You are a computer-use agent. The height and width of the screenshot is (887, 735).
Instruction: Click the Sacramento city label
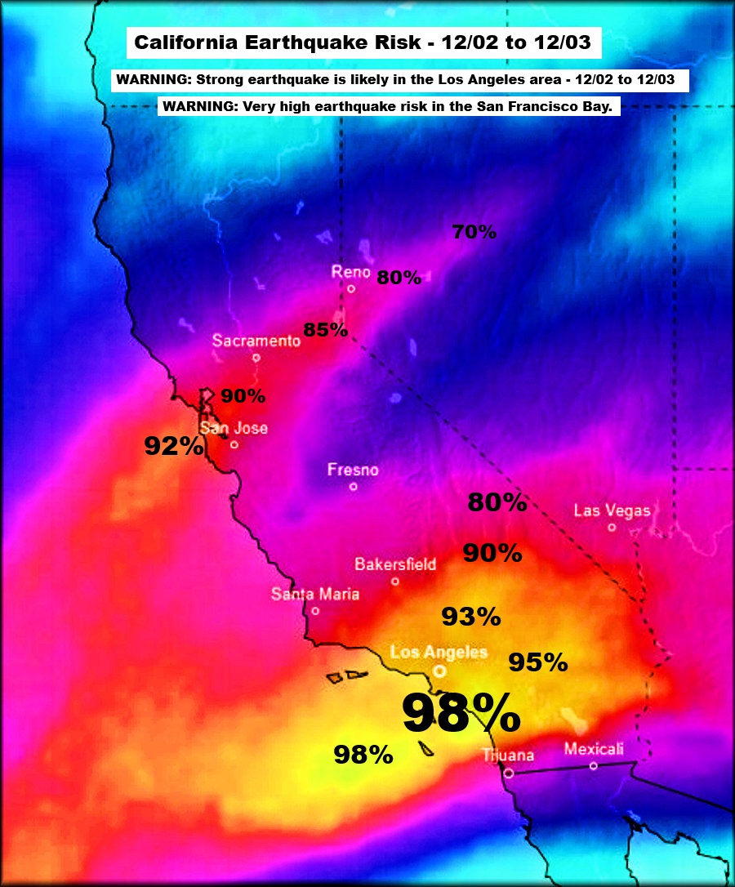256,341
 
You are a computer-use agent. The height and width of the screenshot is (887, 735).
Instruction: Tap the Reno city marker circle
351,288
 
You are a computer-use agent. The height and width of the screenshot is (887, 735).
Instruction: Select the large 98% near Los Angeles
461,714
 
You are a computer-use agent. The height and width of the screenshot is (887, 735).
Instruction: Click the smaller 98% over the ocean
363,755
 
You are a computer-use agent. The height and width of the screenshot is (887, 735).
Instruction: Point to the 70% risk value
474,232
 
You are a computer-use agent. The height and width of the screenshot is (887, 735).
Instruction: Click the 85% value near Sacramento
326,331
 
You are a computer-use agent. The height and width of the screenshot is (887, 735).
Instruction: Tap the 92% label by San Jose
174,446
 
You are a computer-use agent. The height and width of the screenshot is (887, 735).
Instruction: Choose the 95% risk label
538,662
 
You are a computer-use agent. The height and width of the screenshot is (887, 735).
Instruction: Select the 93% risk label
471,617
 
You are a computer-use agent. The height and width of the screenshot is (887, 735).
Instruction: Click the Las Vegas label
612,511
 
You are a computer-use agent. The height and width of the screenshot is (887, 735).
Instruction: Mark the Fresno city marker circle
354,487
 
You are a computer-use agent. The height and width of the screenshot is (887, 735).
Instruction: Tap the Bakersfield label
395,564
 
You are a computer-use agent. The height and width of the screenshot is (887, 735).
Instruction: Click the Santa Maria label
315,594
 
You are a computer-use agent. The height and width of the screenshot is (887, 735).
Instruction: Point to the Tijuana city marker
509,773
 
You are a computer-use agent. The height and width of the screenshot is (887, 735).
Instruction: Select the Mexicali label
594,749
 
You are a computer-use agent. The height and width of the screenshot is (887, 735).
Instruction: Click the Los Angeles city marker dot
440,671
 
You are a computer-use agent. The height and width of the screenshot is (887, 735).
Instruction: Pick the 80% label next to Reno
399,278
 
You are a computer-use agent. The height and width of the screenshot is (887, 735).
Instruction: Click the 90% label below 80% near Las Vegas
492,553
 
